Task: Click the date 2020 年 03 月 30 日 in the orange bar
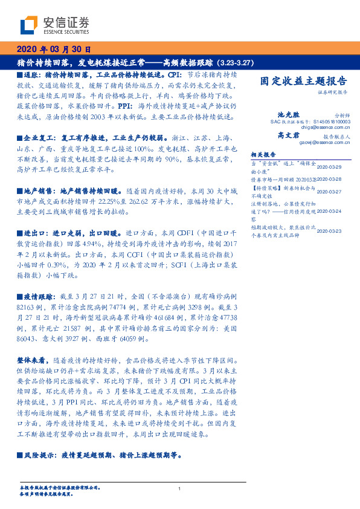(x=54, y=50)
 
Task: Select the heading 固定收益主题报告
(x=303, y=80)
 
